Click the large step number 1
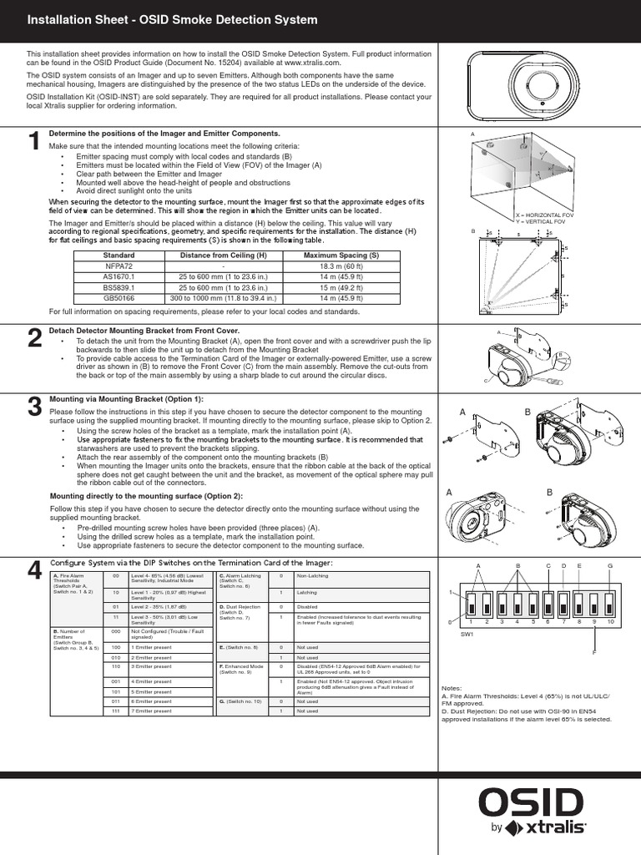tap(34, 143)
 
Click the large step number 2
tap(34, 338)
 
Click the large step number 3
tap(34, 407)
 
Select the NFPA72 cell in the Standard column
tap(118, 266)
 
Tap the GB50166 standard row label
tap(118, 296)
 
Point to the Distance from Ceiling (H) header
tap(224, 255)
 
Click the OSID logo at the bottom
tap(531, 802)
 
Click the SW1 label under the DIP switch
tap(467, 634)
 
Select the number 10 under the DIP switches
tap(610, 622)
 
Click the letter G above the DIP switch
tap(610, 566)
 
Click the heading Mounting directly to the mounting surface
tap(146, 496)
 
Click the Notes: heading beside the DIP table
tap(451, 689)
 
